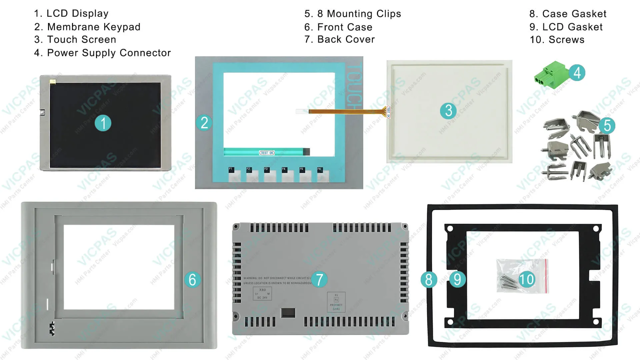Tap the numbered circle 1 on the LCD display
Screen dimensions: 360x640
pos(103,123)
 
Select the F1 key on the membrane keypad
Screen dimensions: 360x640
pos(234,175)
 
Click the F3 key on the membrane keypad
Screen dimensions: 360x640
pos(269,175)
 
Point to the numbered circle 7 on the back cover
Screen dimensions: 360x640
pos(319,279)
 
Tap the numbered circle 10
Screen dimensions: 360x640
pos(526,279)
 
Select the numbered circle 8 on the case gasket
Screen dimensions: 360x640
pos(429,279)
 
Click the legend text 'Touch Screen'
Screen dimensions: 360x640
pos(82,40)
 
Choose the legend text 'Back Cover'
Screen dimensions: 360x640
pos(346,39)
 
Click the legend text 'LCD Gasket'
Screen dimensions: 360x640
pos(572,27)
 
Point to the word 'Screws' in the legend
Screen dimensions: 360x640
pos(566,40)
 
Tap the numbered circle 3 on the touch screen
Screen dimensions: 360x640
pos(448,111)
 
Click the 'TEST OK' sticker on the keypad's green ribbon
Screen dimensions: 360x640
pos(267,153)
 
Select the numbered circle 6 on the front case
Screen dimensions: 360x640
pos(192,279)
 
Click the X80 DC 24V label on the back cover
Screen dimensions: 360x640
pos(262,293)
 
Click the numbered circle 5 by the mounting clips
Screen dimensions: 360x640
pos(607,126)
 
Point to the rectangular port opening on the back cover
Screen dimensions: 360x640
pos(288,313)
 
